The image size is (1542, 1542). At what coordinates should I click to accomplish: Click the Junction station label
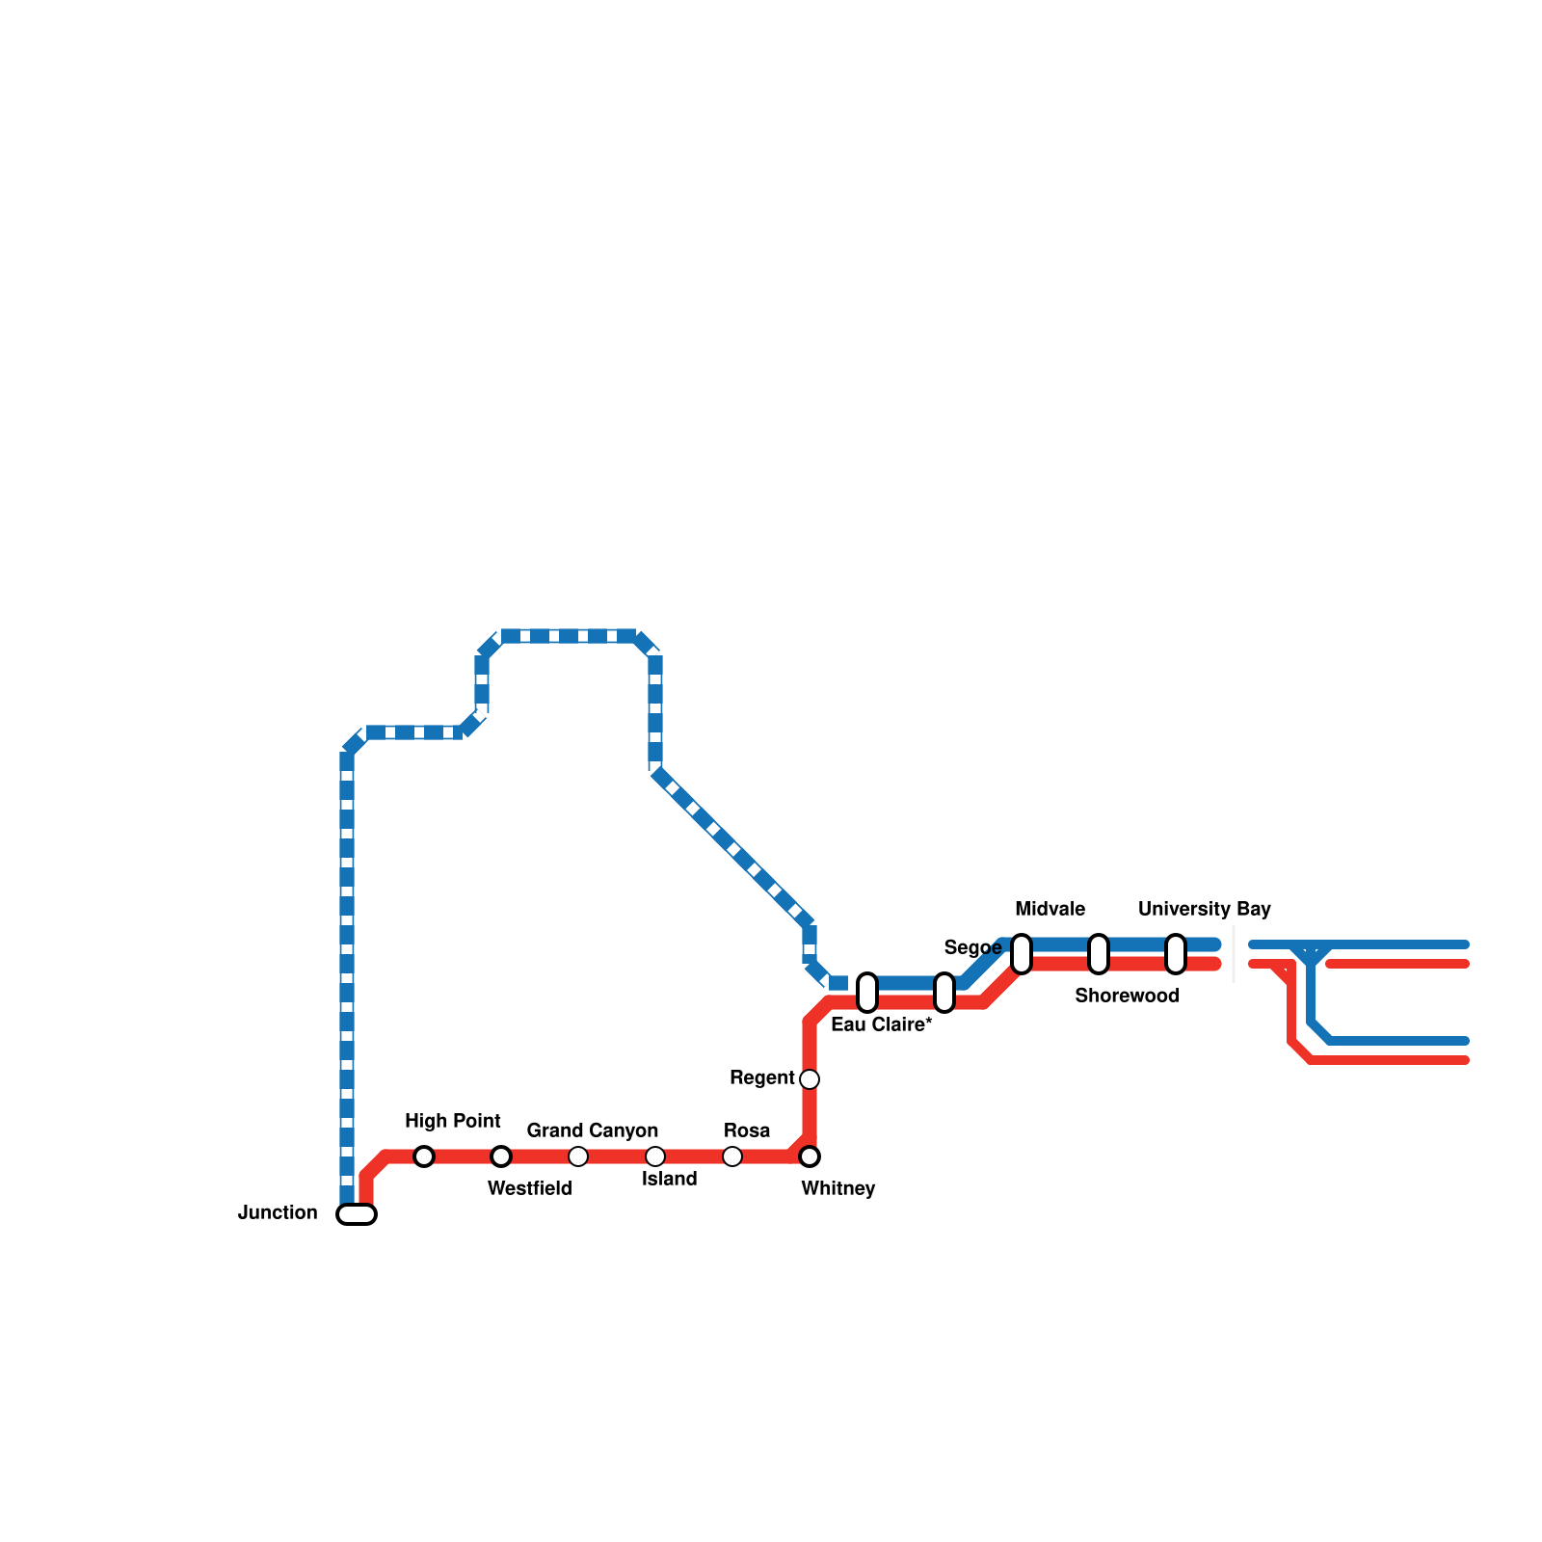point(278,1212)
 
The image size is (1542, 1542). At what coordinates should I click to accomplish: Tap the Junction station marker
point(357,1214)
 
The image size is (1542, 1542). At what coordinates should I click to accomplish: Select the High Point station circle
point(424,1156)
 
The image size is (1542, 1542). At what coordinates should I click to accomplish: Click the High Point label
point(452,1121)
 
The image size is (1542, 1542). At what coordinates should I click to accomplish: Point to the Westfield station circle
point(501,1156)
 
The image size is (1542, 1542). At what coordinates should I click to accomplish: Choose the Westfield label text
point(529,1188)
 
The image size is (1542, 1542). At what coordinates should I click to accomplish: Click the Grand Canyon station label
point(592,1130)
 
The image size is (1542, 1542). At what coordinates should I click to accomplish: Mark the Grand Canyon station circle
point(578,1156)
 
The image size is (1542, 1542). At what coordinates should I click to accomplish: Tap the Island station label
point(669,1179)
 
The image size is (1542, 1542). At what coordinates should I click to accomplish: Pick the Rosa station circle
point(732,1156)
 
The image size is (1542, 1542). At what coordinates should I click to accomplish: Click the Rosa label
point(747,1130)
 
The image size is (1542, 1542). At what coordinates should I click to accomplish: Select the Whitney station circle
point(810,1156)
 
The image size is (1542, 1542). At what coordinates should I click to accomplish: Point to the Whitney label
point(837,1188)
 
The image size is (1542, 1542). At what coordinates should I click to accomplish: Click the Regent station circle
point(810,1079)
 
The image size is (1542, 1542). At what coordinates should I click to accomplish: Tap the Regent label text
point(761,1077)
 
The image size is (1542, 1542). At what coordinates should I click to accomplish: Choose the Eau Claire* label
point(881,1024)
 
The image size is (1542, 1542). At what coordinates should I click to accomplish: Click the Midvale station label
point(1050,909)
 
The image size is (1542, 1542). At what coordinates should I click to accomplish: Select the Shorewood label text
point(1127,996)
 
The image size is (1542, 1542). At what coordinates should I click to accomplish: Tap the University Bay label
point(1204,909)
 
